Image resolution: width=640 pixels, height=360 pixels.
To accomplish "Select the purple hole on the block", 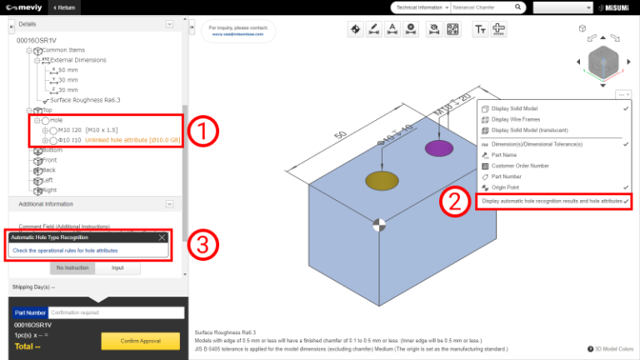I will [x=438, y=148].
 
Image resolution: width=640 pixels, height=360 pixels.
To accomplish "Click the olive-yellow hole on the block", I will [x=379, y=181].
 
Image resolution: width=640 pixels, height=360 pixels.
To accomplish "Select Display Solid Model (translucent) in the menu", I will [x=536, y=130].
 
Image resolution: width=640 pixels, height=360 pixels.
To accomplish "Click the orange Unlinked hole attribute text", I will [x=132, y=140].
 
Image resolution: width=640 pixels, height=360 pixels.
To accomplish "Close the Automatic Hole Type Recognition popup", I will [x=162, y=237].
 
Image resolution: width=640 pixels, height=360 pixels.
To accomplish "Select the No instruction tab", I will [x=72, y=268].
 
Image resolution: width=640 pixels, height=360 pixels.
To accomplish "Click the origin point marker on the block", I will [x=379, y=223].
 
